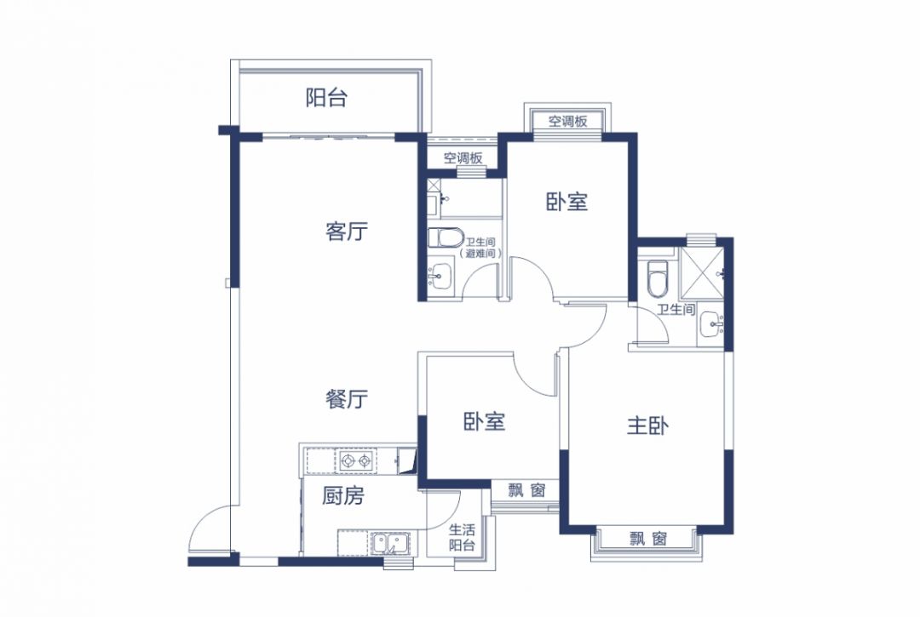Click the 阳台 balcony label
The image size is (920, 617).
[x=326, y=97]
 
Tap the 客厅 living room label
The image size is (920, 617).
[x=346, y=231]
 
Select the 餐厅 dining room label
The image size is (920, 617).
[x=346, y=398]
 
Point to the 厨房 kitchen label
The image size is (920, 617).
[x=342, y=495]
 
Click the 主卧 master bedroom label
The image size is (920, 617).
[x=647, y=426]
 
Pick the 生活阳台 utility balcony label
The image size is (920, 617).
[x=462, y=537]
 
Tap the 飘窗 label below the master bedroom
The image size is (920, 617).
[x=648, y=538]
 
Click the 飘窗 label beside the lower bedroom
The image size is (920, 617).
[x=527, y=490]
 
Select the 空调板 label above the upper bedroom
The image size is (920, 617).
[x=568, y=122]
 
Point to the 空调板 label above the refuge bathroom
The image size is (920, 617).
[x=463, y=157]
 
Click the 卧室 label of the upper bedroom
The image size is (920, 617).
[x=566, y=203]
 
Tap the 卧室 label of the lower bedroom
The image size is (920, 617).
[x=484, y=421]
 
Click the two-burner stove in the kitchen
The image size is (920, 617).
[x=355, y=461]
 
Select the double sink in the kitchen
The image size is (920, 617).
[x=390, y=543]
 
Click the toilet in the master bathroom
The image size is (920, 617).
[x=657, y=278]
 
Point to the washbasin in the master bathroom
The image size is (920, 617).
[x=711, y=324]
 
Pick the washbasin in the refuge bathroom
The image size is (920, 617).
[x=440, y=275]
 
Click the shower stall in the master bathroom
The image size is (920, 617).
[x=702, y=273]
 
